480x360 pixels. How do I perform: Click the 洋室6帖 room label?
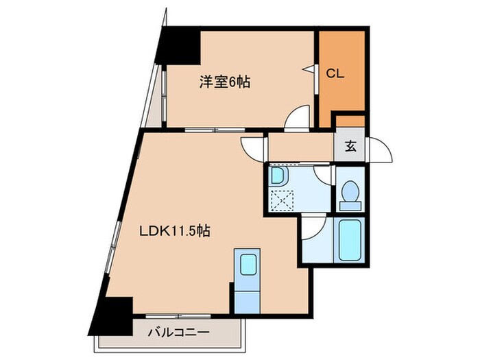[224, 82]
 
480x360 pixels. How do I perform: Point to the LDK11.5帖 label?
[175, 232]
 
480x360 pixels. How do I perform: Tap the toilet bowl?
[350, 193]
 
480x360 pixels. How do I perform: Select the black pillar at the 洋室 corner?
[178, 45]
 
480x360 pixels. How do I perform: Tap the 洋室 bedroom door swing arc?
[298, 118]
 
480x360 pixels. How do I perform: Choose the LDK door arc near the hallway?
[252, 147]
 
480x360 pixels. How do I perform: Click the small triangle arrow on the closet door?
[309, 69]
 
